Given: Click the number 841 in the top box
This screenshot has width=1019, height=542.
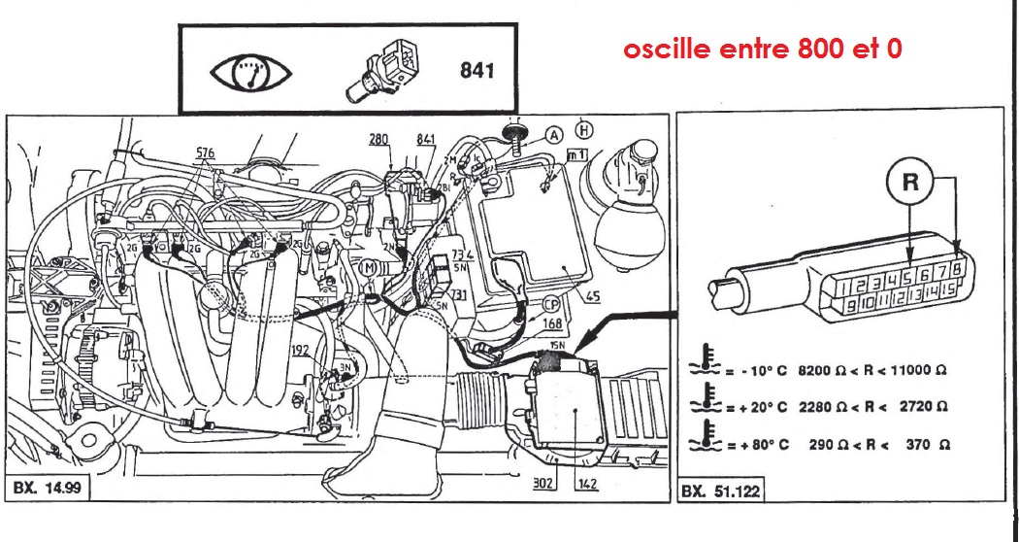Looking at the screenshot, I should (x=475, y=71).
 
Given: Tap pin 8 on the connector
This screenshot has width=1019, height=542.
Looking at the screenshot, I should (x=957, y=269).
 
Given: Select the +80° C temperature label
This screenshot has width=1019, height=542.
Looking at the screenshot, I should (x=760, y=443).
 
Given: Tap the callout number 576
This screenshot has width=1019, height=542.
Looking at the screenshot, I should (x=204, y=152).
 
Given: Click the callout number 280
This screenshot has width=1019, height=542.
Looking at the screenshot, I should (x=378, y=140).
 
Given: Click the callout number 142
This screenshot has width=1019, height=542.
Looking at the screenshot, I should (x=584, y=483).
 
